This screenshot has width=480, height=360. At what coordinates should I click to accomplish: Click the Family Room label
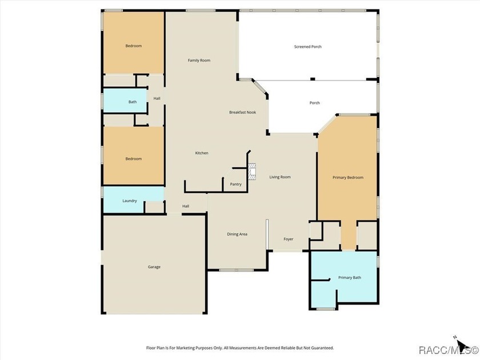199,61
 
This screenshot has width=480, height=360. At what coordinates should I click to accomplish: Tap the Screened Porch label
307,46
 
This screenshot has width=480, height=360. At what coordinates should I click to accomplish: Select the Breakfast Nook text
242,113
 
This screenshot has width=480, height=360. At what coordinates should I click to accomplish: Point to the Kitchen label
202,153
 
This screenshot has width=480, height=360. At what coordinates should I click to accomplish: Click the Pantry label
235,184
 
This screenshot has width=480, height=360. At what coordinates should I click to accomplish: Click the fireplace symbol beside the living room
252,171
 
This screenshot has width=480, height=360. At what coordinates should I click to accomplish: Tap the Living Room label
280,177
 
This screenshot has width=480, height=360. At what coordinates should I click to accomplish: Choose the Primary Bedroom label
348,178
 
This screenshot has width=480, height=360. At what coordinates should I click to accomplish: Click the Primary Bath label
350,278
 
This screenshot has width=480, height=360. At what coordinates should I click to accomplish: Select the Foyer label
289,239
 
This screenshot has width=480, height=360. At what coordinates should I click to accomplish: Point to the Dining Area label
237,234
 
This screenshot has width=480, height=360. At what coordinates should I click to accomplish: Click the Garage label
154,267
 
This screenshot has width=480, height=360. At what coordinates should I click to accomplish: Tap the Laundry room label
130,201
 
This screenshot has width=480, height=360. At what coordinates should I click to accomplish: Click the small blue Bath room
125,101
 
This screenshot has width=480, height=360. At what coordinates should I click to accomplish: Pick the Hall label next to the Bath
157,98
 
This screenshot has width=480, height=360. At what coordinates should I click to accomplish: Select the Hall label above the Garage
186,206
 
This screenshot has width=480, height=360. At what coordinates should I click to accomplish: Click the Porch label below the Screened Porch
314,103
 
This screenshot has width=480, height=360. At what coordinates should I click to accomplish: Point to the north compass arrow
462,344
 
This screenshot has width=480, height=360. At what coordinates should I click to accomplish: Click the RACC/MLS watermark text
448,350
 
